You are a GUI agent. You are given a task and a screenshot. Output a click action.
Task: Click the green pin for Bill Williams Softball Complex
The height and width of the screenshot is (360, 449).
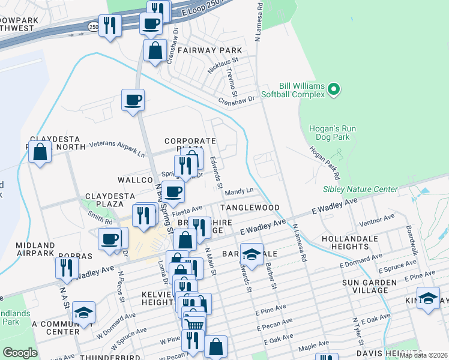coord(334,90)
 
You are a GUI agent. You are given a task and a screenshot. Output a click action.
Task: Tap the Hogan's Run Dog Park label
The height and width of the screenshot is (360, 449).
coord(333,133)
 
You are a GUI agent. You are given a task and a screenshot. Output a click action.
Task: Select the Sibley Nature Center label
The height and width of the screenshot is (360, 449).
coord(360,189)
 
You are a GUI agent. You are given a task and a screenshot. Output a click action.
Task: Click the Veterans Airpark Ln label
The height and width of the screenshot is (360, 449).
coord(117,148)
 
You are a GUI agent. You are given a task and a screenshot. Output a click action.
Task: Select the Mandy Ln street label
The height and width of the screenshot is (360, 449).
coord(240,192)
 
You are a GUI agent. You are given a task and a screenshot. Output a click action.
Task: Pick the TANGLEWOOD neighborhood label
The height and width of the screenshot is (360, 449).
coord(250,208)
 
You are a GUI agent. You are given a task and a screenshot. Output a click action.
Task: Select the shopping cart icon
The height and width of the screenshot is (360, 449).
coord(194,325)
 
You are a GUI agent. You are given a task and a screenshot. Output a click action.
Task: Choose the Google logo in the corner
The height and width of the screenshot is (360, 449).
coord(20,352)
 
